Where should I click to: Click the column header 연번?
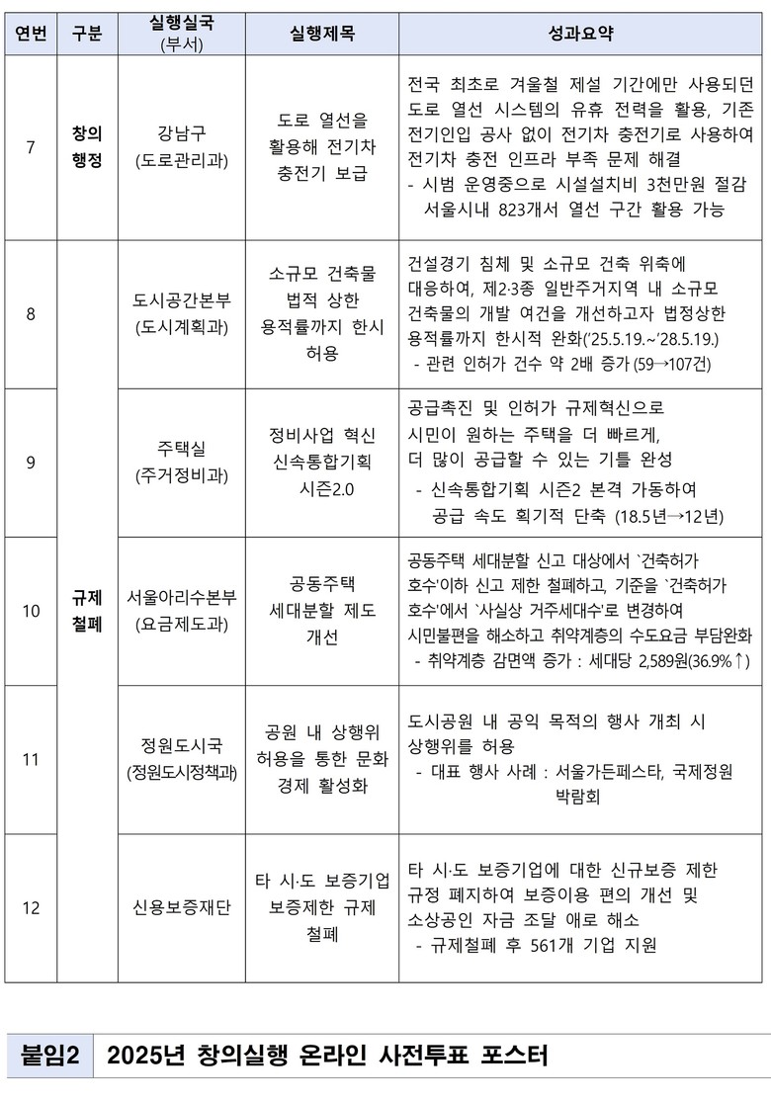pos(31,33)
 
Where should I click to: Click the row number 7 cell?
pos(31,147)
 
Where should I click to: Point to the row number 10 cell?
pos(31,611)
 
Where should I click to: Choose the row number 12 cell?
pos(31,907)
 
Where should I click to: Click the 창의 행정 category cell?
pos(87,147)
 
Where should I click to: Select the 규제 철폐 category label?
pos(87,611)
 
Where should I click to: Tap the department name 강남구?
pos(182,133)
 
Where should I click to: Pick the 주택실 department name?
pos(182,449)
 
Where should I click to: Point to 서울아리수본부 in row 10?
pos(182,597)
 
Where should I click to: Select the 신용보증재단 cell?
pos(182,907)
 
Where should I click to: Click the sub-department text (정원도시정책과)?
pos(182,773)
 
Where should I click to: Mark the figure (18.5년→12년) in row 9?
pos(669,515)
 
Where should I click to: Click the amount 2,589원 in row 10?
pos(642,660)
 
